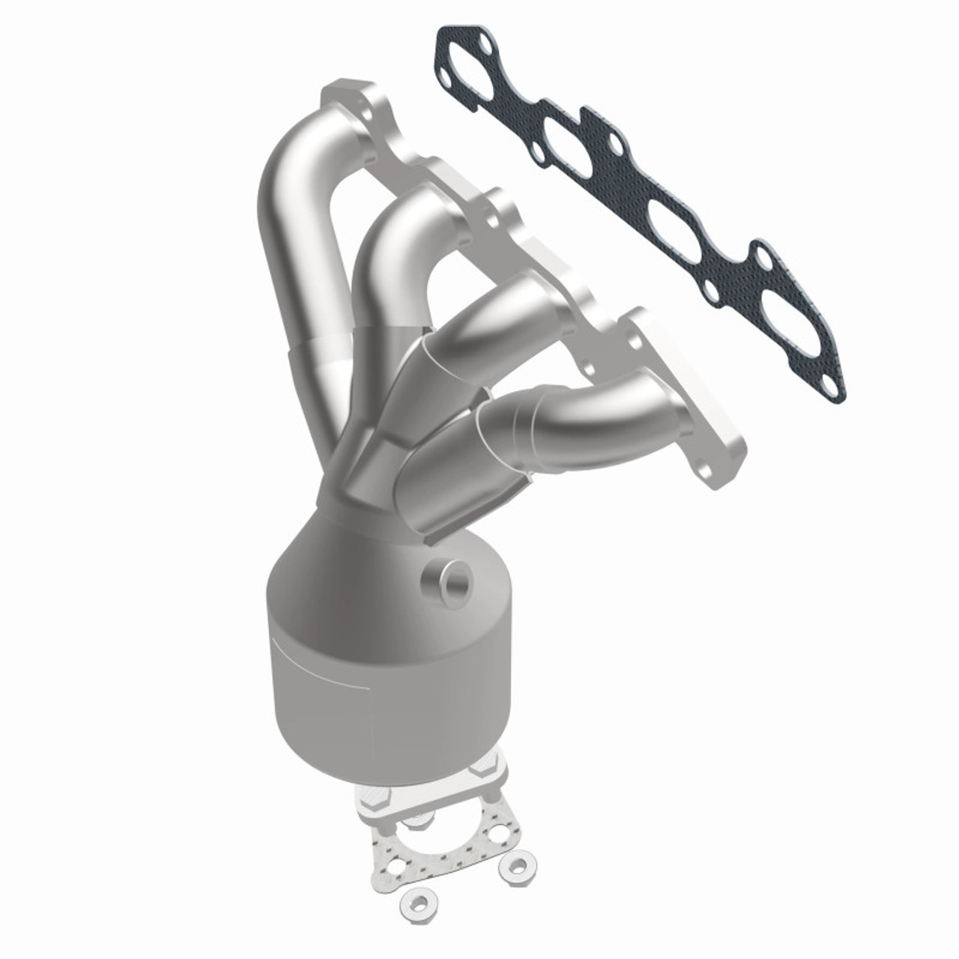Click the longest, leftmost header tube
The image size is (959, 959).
292,247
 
